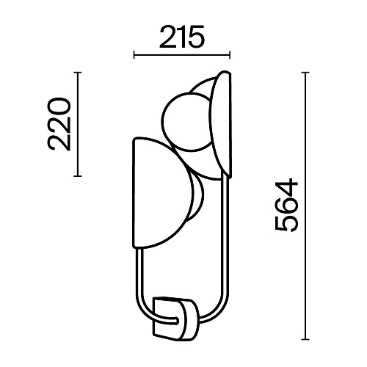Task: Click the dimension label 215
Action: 181,37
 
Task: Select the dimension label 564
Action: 286,205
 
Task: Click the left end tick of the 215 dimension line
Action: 134,55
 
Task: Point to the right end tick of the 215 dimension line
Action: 230,55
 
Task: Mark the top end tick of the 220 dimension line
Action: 78,73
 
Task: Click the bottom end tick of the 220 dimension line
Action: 78,175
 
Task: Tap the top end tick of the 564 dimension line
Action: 305,73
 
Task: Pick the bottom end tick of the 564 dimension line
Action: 305,339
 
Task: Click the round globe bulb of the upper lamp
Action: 187,122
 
